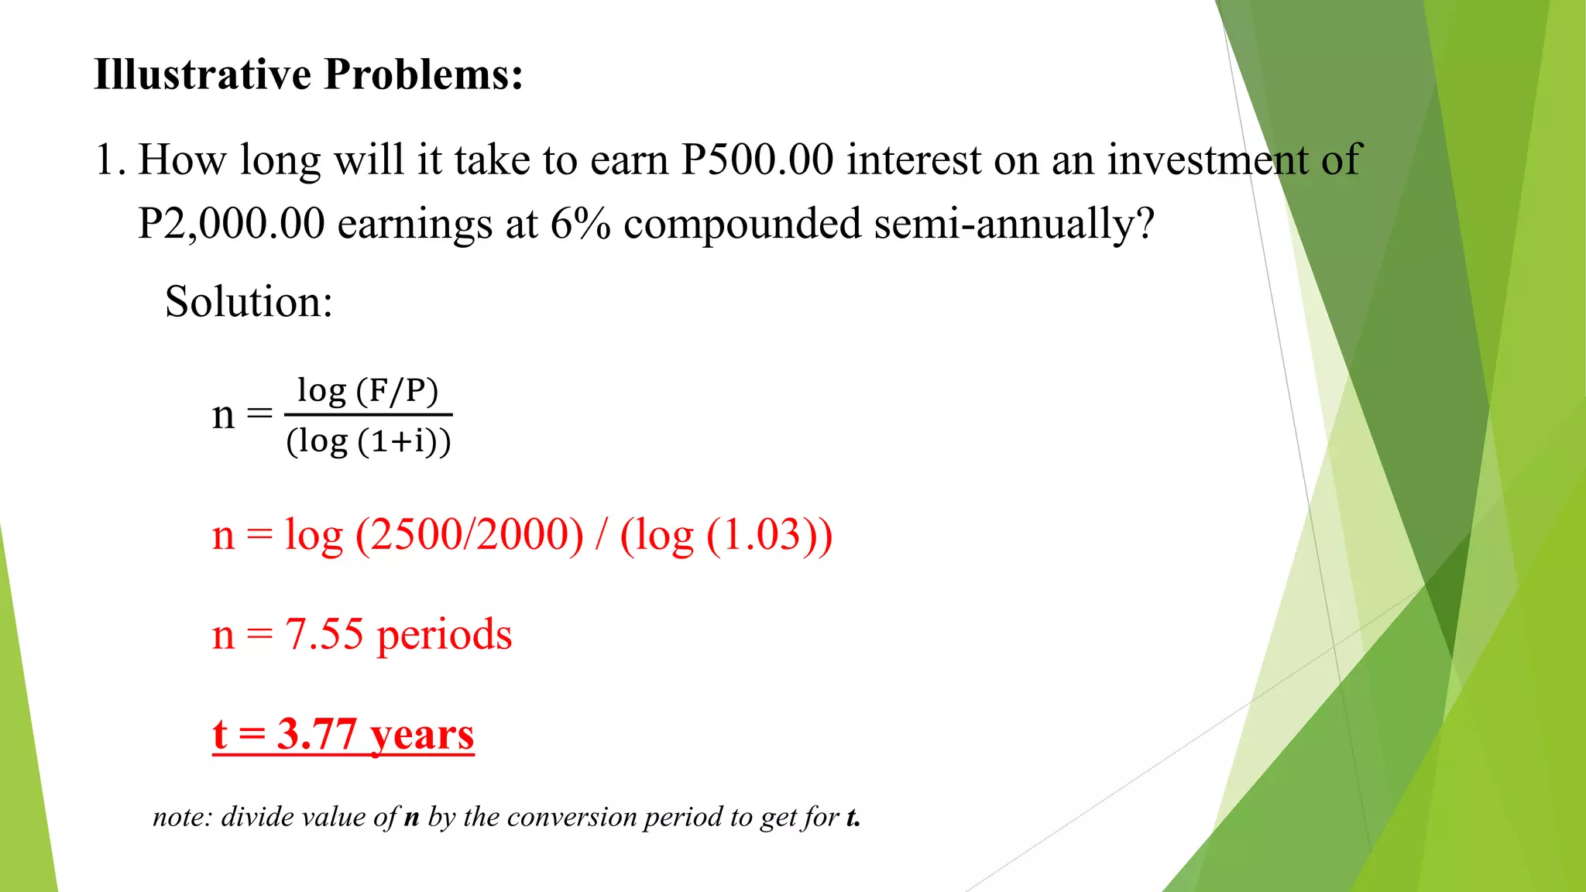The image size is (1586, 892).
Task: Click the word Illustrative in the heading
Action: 202,75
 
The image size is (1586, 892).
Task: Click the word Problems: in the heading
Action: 424,75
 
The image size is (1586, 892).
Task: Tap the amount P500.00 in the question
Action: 757,160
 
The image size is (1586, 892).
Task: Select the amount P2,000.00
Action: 231,224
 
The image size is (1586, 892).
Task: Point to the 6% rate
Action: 580,224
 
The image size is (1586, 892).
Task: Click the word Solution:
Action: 249,301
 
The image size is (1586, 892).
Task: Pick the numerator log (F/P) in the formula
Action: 368,390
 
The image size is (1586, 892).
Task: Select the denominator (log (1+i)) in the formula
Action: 369,441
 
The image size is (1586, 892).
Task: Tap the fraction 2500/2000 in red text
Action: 469,535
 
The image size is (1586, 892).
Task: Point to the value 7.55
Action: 324,634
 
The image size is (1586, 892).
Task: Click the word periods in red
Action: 444,636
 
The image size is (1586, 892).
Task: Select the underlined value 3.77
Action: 316,734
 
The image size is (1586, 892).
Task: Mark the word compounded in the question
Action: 742,224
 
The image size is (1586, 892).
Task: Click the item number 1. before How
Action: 109,160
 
